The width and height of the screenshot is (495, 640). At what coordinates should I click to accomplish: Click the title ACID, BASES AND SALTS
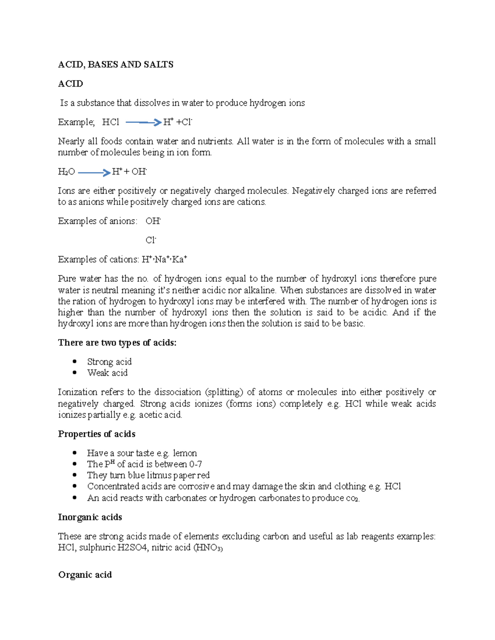[115, 64]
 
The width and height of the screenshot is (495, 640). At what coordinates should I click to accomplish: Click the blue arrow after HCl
[143, 122]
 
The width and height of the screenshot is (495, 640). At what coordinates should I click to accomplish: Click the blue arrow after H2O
[94, 173]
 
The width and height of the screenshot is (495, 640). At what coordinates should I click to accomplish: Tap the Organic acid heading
[85, 575]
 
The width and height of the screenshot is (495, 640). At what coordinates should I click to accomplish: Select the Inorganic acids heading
[90, 517]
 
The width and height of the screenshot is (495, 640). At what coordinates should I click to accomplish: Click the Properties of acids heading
[97, 434]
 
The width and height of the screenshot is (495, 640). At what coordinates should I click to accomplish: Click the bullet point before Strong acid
[75, 362]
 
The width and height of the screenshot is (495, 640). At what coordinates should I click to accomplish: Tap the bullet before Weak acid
[75, 373]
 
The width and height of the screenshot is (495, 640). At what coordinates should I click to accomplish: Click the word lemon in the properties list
[185, 453]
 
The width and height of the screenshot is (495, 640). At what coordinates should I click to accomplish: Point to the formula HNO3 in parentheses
[208, 548]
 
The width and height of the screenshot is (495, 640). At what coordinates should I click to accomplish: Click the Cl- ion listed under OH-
[151, 240]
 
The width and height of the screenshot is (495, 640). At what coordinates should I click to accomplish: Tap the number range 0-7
[195, 464]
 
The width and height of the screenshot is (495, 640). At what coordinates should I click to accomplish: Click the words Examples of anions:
[97, 221]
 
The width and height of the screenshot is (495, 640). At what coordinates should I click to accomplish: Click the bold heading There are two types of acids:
[117, 343]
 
